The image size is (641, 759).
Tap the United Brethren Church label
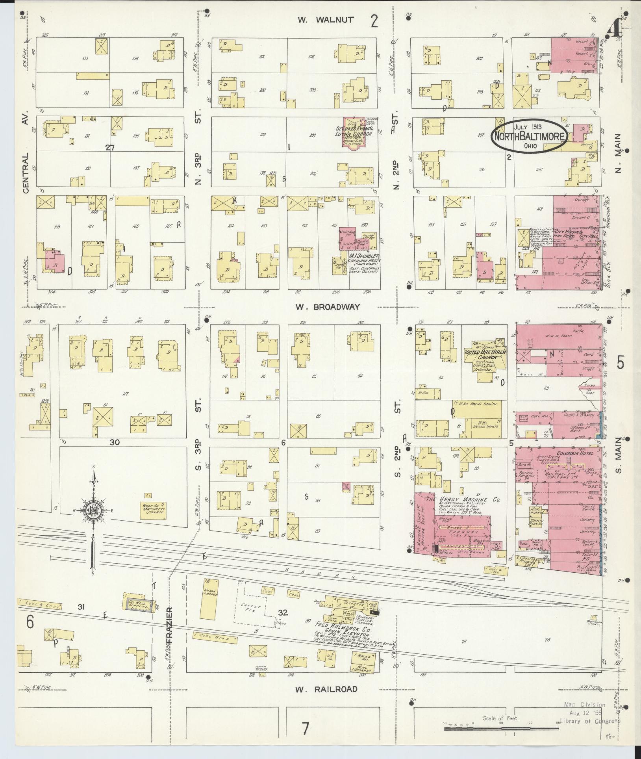coord(485,354)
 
